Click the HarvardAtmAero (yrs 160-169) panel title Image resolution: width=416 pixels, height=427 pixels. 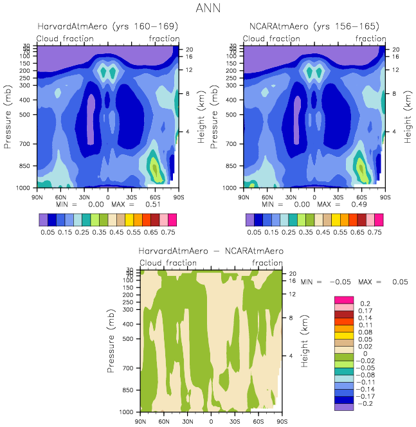107,27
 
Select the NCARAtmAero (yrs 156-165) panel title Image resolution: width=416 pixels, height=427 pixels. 314,27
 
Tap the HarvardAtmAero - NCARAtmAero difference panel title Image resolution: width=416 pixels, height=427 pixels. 210,251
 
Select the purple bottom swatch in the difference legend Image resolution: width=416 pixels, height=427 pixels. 344,406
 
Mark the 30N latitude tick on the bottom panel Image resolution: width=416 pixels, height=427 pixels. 187,421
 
